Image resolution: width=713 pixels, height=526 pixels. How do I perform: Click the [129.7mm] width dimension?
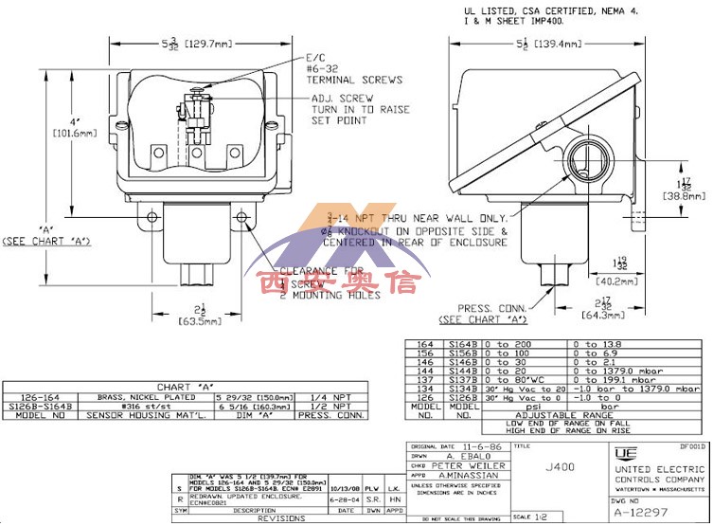(x=205, y=45)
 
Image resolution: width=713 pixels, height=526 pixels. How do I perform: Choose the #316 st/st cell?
(x=134, y=407)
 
